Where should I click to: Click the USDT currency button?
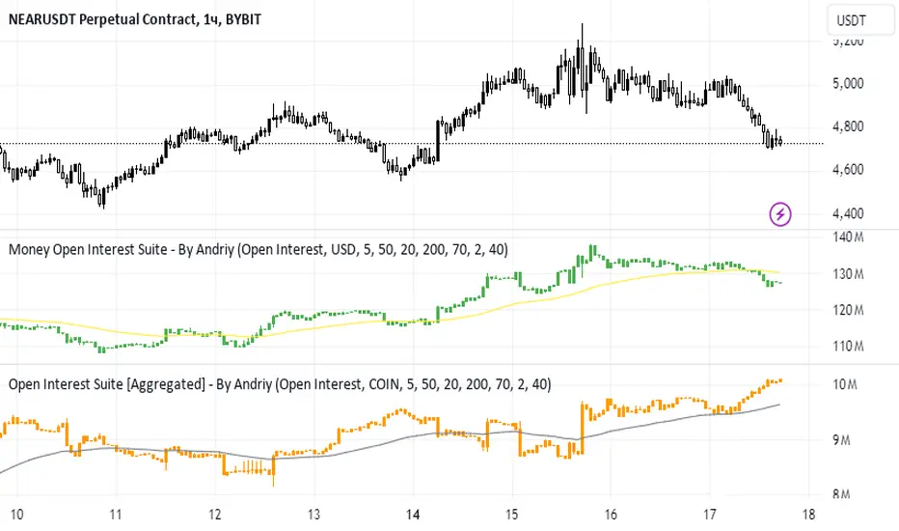point(849,21)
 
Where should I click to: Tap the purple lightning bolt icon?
point(779,213)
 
